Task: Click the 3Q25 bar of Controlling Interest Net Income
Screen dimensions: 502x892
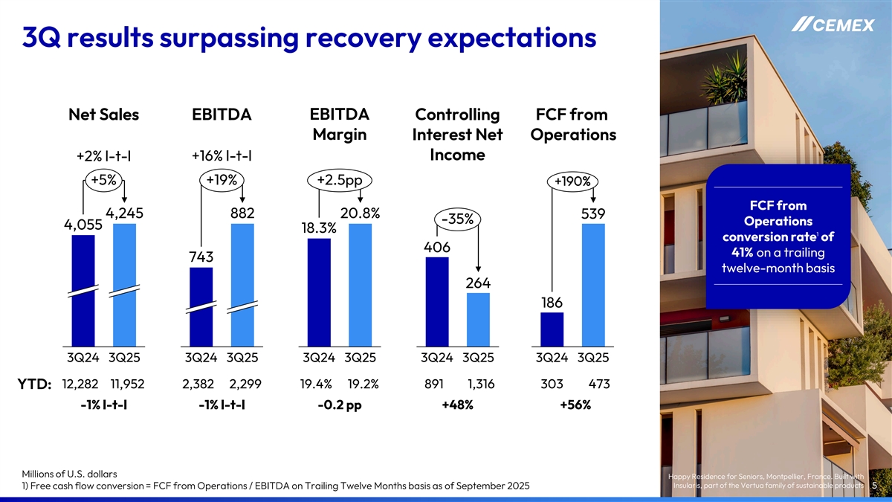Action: (478, 319)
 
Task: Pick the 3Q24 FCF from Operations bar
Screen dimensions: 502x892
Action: (552, 329)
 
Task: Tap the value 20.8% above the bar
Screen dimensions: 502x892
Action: (360, 213)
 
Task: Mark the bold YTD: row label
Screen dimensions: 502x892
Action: (34, 384)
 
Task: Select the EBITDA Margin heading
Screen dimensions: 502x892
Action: (339, 125)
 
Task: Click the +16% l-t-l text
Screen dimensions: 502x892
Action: (222, 156)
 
